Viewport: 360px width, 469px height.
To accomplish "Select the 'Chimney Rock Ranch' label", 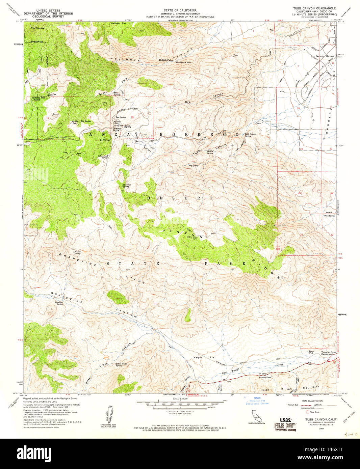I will tap(38, 99).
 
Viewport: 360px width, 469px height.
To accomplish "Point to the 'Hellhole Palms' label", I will tap(166, 60).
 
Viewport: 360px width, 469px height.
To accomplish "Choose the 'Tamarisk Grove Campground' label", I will tap(327, 353).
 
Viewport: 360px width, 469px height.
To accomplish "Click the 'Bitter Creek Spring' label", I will tap(121, 364).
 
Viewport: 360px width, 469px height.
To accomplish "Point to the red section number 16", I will tap(89, 118).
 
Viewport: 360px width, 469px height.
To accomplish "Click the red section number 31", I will tap(301, 234).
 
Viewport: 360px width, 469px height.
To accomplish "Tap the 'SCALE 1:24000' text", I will tap(180, 399).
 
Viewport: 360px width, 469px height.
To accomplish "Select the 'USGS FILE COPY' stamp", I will tap(285, 425).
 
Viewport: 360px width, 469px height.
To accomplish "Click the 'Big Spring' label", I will tap(194, 166).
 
